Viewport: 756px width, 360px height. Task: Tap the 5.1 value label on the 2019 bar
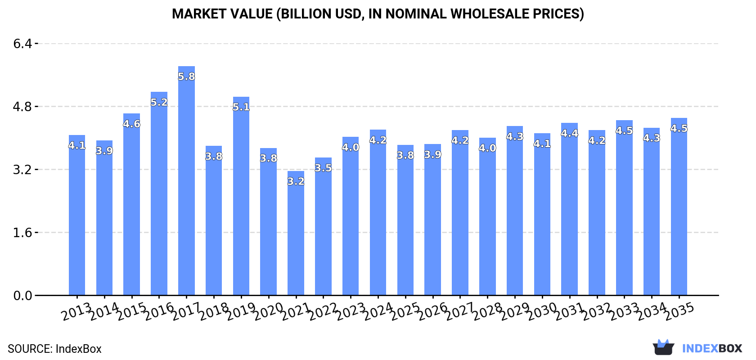tap(241, 107)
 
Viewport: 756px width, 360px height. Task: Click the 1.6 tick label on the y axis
tap(22, 233)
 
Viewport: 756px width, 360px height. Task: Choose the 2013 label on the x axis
tap(76, 311)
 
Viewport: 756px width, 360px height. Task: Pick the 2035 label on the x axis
tap(679, 311)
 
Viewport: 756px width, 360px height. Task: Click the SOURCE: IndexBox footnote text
tap(54, 349)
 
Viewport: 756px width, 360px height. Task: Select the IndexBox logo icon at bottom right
tap(663, 347)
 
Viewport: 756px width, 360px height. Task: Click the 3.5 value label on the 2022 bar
tap(323, 168)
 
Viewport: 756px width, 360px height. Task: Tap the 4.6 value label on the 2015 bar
tap(131, 124)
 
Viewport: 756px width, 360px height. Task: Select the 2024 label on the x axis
tap(378, 311)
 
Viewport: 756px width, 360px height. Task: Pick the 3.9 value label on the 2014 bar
tap(104, 151)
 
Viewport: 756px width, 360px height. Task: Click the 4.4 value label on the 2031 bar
tap(569, 133)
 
